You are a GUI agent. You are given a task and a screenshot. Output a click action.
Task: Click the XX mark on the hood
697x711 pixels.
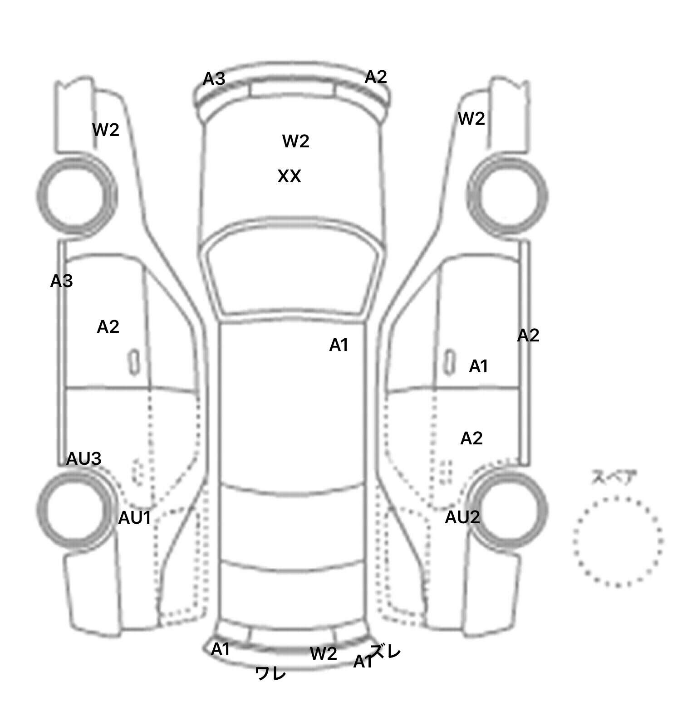tap(289, 176)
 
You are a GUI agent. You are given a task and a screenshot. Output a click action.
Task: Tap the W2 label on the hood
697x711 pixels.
tap(295, 141)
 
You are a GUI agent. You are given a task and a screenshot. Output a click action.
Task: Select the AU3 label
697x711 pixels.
tap(83, 459)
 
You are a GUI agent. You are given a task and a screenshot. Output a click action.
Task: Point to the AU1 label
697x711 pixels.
tap(134, 518)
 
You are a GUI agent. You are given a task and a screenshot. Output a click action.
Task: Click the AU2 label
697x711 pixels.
tap(462, 517)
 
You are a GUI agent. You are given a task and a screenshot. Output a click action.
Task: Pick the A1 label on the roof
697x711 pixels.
tap(339, 346)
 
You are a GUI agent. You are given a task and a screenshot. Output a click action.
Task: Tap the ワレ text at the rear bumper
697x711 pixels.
tap(271, 673)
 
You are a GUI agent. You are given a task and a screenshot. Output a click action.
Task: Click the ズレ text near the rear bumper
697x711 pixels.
tap(386, 652)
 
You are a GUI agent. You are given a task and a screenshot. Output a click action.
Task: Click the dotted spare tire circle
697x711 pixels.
tap(618, 541)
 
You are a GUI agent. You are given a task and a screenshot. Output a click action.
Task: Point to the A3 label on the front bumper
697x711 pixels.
tap(214, 79)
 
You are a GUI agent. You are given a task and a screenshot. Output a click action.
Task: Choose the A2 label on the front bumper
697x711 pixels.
tap(376, 77)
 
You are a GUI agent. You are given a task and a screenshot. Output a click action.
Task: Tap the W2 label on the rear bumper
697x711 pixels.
tap(324, 654)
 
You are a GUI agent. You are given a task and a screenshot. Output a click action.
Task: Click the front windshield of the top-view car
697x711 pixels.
tap(293, 272)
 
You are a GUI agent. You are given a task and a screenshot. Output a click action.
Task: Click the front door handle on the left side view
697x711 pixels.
tap(134, 362)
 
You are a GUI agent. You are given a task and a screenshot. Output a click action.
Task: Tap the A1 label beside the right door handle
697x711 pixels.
tap(478, 366)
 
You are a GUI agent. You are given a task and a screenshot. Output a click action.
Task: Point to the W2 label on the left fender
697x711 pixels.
tap(105, 130)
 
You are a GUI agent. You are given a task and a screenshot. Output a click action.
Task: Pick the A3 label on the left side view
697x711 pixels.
tap(61, 282)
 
